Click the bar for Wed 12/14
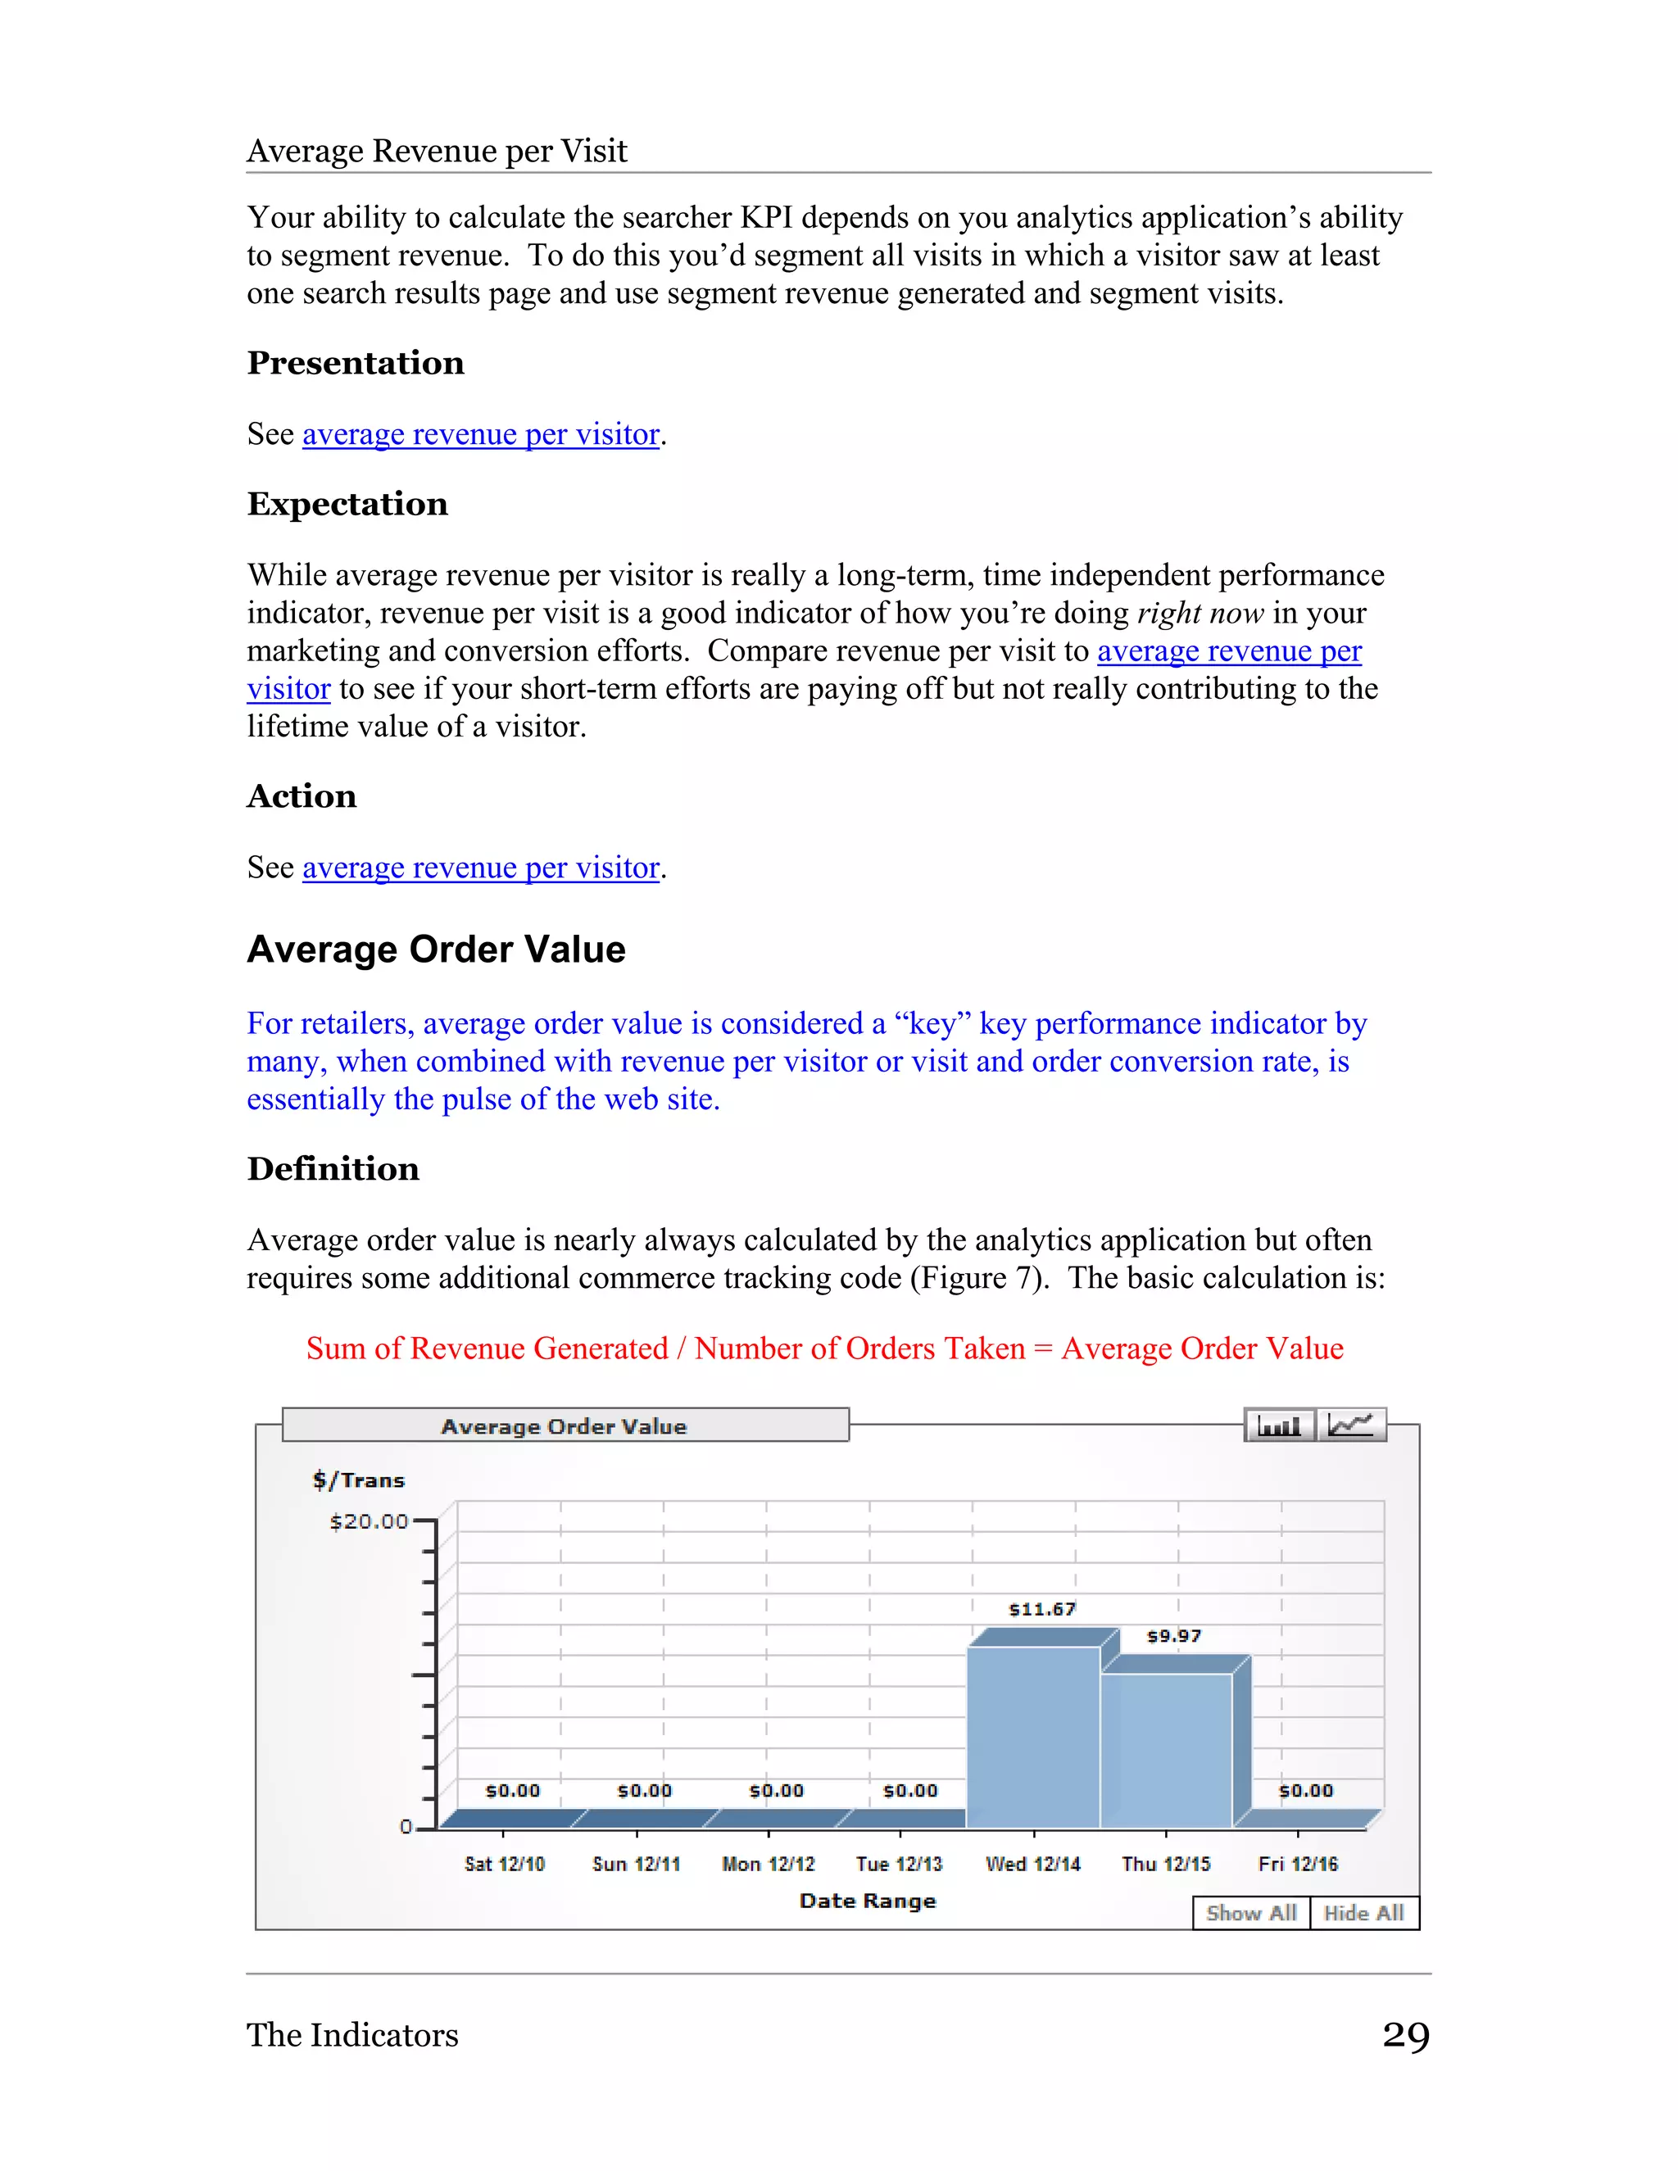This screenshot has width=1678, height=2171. tap(1033, 1737)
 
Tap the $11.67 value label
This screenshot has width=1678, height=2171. tap(1042, 1609)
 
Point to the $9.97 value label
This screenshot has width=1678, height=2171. tap(1174, 1636)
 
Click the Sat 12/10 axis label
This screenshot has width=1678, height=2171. tap(504, 1864)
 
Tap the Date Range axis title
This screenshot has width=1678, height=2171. tap(867, 1901)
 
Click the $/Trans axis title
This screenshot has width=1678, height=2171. tap(359, 1480)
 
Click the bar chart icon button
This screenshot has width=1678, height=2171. tap(1278, 1425)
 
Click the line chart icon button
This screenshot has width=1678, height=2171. tap(1351, 1425)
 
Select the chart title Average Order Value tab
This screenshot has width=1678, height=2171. tap(565, 1425)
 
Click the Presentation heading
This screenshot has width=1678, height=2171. tap(355, 363)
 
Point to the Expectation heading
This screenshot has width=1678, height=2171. tap(347, 504)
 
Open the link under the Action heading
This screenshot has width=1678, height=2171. tap(480, 868)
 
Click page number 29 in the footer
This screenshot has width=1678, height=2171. tap(1406, 2035)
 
